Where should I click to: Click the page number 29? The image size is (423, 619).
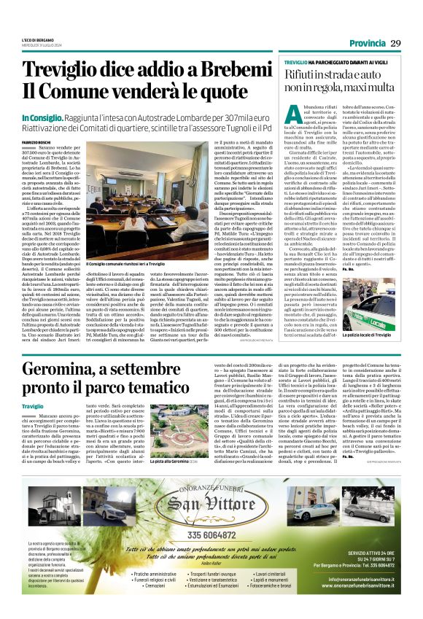click(396, 44)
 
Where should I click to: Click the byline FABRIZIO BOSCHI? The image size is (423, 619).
click(36, 141)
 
